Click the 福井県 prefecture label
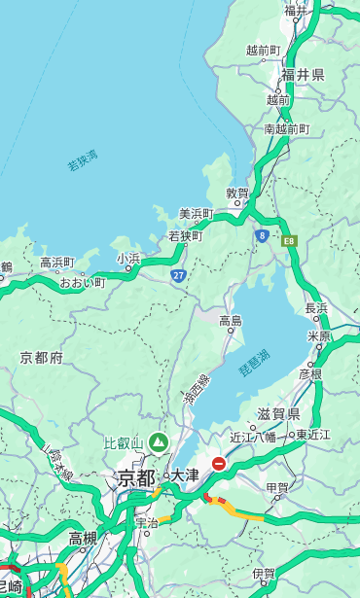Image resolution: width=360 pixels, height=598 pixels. [x=303, y=75]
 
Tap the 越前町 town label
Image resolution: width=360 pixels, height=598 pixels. [x=263, y=50]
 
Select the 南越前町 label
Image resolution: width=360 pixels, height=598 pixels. [x=286, y=128]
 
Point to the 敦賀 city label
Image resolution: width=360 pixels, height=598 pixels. [x=237, y=193]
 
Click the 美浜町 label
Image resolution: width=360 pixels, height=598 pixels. [x=197, y=214]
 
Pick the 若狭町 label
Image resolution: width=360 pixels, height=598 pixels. [x=185, y=235]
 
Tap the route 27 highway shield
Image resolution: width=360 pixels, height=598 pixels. [x=179, y=276]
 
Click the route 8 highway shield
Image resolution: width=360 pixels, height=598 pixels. [x=262, y=235]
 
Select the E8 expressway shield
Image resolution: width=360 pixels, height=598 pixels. [x=288, y=240]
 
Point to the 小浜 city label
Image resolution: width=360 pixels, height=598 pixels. [x=128, y=259]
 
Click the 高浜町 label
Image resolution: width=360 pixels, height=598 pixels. [x=56, y=262]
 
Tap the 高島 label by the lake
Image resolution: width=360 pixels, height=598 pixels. [x=231, y=320]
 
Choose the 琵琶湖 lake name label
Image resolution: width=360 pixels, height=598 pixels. [x=254, y=365]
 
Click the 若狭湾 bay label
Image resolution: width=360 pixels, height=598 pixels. [x=83, y=160]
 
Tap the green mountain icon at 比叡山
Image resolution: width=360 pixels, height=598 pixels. [x=159, y=443]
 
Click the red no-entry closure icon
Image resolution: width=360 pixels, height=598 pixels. [x=220, y=465]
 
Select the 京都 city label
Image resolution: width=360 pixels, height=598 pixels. [x=136, y=477]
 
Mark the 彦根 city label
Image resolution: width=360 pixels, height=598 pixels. [x=309, y=373]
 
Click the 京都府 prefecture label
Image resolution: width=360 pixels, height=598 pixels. [x=42, y=358]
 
